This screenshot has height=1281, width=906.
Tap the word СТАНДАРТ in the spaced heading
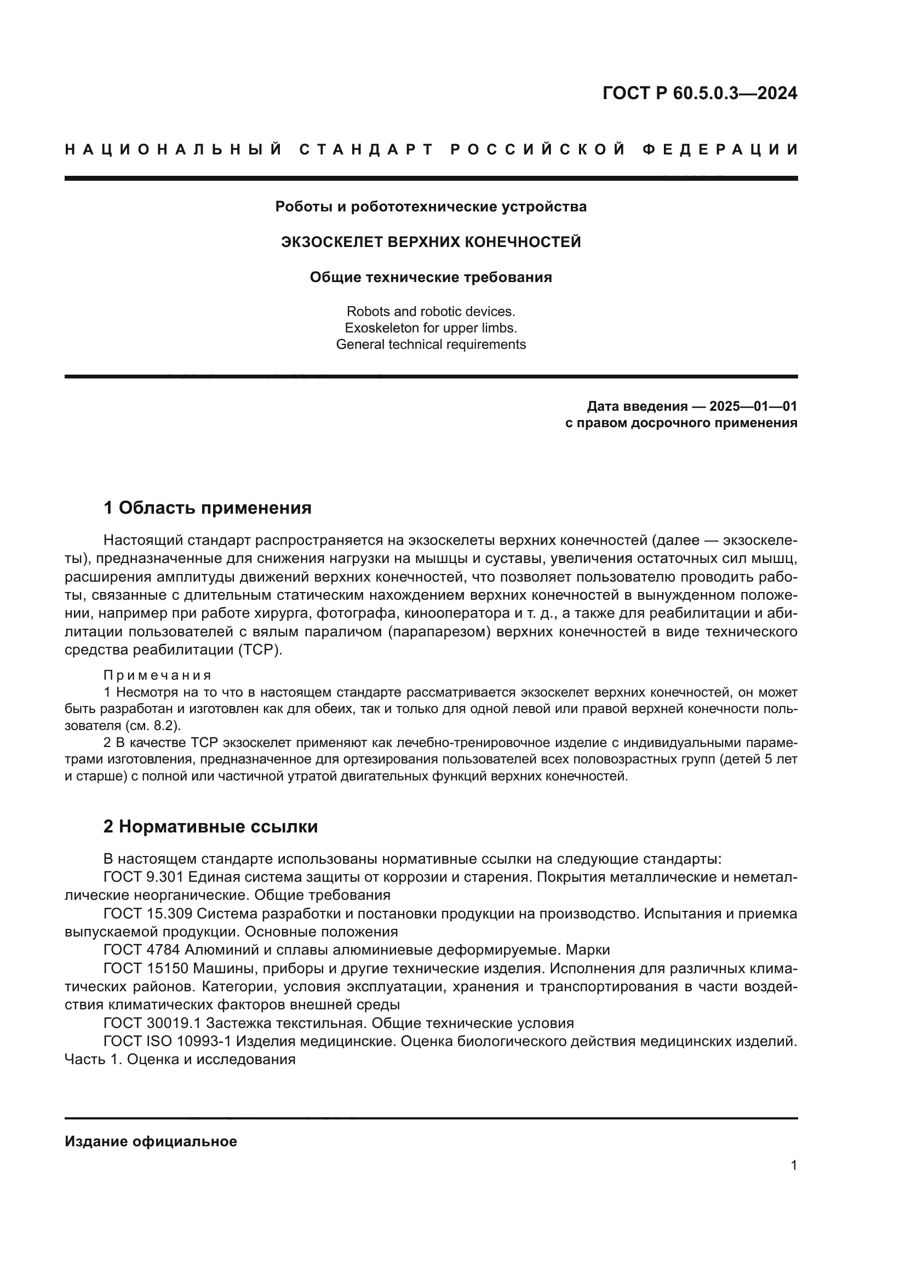click(x=366, y=150)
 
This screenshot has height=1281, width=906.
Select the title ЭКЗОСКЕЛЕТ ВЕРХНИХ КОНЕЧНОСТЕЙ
click(x=431, y=242)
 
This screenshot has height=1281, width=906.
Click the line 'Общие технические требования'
click(x=431, y=277)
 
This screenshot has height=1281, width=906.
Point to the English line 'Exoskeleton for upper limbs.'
click(x=431, y=328)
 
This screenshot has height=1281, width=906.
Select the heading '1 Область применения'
click(x=207, y=508)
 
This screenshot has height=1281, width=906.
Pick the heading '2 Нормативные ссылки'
click(x=210, y=826)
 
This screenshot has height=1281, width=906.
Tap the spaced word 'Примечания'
click(x=157, y=676)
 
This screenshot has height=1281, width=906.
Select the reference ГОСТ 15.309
click(x=148, y=914)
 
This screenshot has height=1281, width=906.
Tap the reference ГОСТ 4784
click(x=144, y=950)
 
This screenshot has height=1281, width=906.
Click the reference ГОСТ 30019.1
click(x=152, y=1023)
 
